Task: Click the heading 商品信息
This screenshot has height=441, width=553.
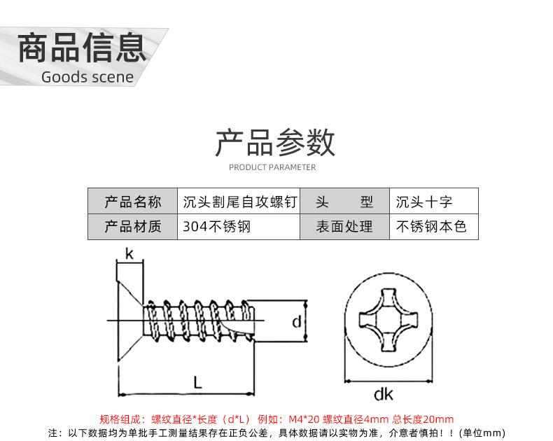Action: [82, 48]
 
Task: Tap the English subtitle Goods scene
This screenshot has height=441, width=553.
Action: [87, 77]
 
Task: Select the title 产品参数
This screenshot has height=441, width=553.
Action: [275, 143]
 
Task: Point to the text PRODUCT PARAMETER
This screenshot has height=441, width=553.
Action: [272, 167]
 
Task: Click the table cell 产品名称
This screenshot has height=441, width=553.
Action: [132, 202]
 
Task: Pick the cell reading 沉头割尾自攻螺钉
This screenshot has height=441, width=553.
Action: [239, 202]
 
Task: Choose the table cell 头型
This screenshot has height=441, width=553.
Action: [344, 202]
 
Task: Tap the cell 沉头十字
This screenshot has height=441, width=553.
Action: [434, 202]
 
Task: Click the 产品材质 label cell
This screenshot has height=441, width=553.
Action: [132, 227]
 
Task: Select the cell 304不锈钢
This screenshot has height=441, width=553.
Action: [239, 227]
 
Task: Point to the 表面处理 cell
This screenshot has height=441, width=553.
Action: [344, 227]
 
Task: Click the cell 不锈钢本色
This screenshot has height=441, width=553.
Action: [434, 227]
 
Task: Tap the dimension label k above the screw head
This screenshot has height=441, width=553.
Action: [129, 253]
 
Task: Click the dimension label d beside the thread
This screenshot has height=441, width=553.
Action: [297, 321]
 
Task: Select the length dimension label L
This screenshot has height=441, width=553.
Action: [198, 382]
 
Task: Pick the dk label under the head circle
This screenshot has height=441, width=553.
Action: [384, 394]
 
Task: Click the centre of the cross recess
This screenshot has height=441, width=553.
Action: [388, 320]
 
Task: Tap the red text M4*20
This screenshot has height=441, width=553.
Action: [304, 419]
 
